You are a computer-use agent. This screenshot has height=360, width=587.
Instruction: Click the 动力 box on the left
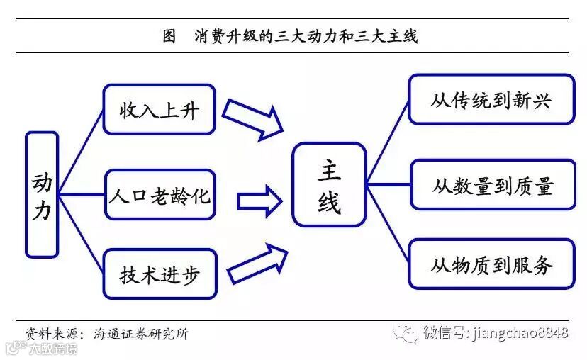pos(42,193)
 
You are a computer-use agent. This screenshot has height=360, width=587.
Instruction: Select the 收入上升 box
pos(159,109)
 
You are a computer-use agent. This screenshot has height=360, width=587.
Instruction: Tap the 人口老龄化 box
pos(160,195)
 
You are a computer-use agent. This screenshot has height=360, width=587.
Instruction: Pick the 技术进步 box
pos(160,274)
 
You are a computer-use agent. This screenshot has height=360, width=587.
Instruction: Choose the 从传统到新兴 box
pos(491,99)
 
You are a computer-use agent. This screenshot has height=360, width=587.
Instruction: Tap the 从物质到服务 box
pos(491,265)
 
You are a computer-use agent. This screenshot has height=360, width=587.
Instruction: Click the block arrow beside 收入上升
pos(254,118)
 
